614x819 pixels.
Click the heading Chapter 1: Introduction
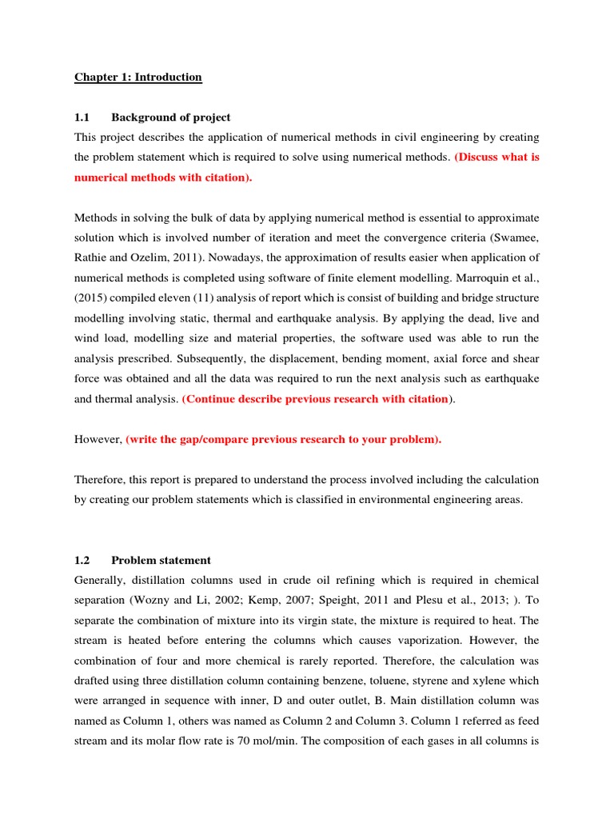tap(138, 77)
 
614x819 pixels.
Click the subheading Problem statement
tap(161, 560)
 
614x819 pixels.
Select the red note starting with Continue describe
tap(315, 398)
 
